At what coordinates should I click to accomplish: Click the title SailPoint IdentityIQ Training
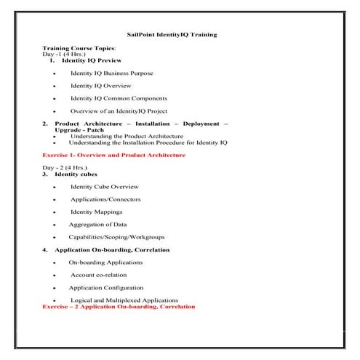click(x=180, y=34)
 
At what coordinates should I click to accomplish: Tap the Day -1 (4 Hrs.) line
click(x=65, y=55)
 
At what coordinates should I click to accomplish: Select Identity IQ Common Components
click(x=119, y=98)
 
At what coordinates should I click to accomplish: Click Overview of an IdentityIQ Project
click(x=119, y=111)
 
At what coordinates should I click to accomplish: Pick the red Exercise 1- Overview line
click(x=113, y=155)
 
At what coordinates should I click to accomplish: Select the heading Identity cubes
click(x=76, y=175)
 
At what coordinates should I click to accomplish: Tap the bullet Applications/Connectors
click(x=105, y=199)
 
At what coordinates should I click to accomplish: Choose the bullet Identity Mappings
click(x=96, y=212)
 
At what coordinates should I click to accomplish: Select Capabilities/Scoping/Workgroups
click(x=116, y=237)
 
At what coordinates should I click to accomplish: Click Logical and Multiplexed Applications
click(x=124, y=300)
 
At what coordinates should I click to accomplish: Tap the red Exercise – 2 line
click(x=119, y=307)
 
